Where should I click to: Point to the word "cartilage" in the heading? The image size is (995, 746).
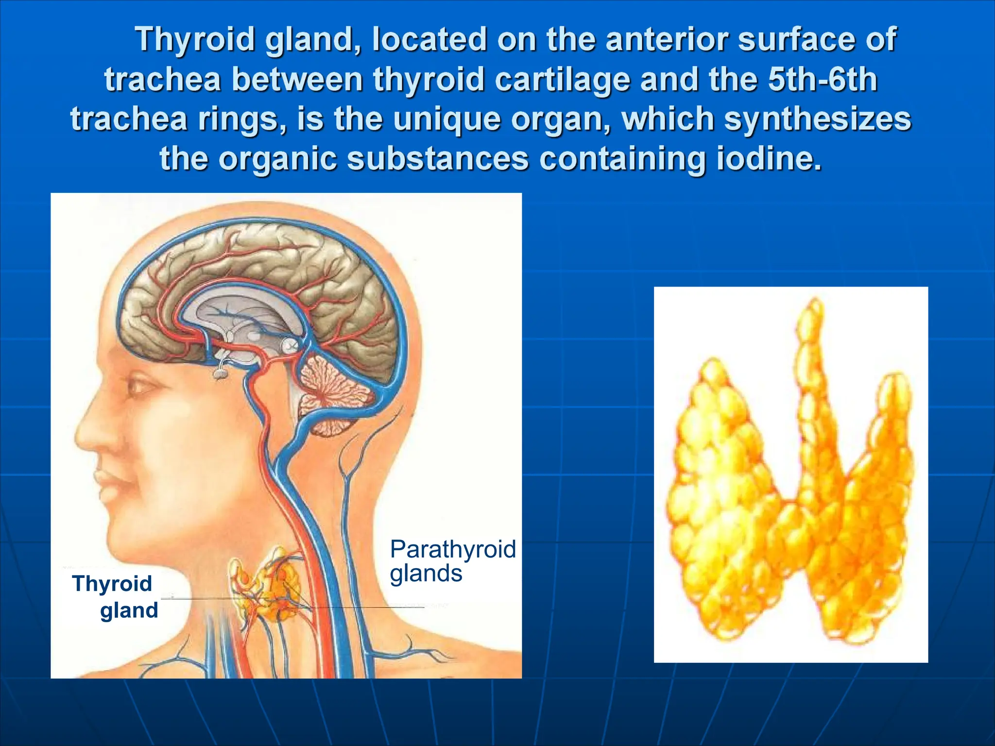[x=563, y=80]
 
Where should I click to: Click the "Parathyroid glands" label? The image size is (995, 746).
[x=452, y=561]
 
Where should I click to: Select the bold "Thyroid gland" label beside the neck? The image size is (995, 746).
[x=115, y=596]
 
